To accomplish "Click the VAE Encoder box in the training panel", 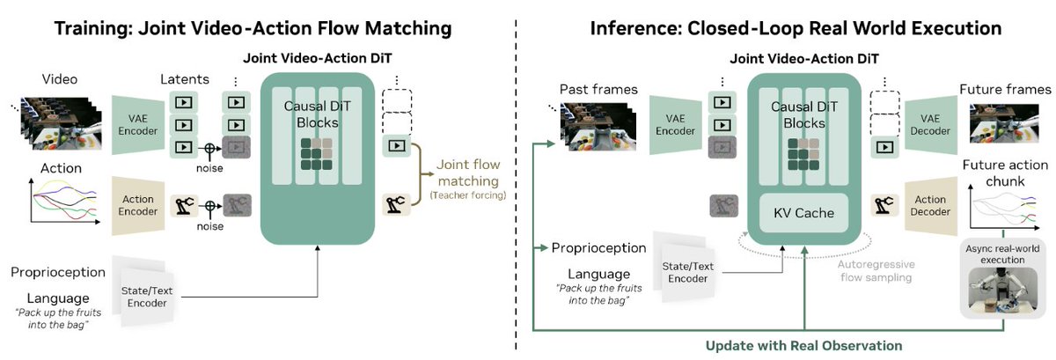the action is (x=137, y=125).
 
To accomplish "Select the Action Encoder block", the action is (x=137, y=206).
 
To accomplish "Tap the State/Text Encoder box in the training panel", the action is (x=147, y=297).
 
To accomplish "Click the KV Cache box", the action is (x=803, y=213).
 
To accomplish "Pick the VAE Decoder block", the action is (x=930, y=125).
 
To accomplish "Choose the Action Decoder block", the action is (x=930, y=206).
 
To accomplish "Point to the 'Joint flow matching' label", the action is (x=467, y=173).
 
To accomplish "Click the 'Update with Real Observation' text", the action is (x=803, y=346).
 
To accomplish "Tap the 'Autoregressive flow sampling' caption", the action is (x=876, y=271).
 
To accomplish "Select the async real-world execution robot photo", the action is (x=1002, y=290).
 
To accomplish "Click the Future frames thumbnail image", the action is (x=1004, y=123).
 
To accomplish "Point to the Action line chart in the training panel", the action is (x=63, y=201).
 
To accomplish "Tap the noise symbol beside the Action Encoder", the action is (x=210, y=206).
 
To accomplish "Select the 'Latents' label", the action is (x=184, y=79).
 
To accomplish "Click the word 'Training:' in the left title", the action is (x=94, y=28).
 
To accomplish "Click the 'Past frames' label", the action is (x=598, y=89).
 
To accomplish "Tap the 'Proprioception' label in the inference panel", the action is (x=598, y=248).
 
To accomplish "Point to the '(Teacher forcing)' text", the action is (x=467, y=195).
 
